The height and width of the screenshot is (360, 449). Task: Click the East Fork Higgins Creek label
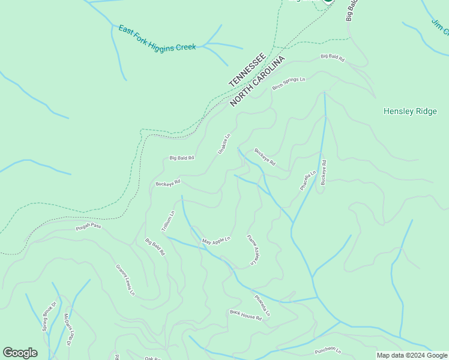tap(157, 38)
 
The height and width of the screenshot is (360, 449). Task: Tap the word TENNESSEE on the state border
tap(247, 70)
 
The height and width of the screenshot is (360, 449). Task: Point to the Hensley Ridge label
tap(410, 111)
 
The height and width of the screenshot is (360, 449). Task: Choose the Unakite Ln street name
tap(223, 144)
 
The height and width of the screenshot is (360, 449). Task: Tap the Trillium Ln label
tap(167, 221)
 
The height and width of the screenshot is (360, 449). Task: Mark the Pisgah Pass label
tap(88, 227)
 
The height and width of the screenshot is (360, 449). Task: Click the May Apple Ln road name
tap(216, 241)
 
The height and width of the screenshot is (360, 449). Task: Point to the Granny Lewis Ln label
tap(125, 280)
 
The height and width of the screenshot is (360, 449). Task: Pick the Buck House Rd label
tap(246, 314)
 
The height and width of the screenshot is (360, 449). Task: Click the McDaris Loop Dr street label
tap(68, 330)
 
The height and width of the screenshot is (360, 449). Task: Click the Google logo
tap(20, 353)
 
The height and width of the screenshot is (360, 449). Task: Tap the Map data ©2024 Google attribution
tap(412, 355)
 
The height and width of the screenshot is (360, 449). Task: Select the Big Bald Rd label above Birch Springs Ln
tap(333, 58)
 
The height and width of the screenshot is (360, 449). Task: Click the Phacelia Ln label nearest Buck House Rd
tap(262, 305)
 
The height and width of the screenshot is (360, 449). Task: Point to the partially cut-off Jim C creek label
tap(440, 27)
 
